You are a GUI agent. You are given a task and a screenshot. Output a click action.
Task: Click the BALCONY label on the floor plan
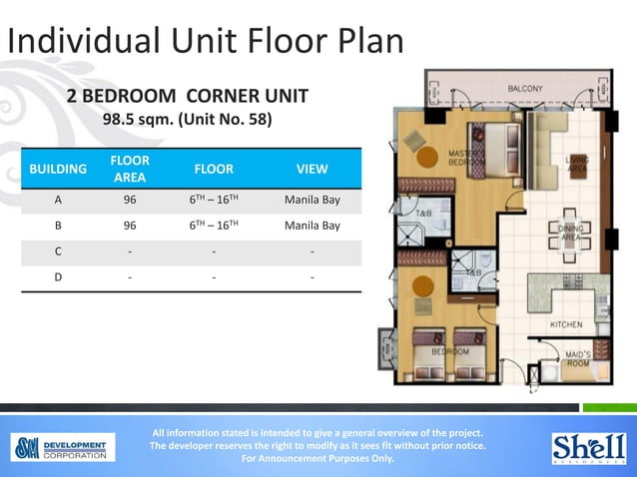pyautogui.click(x=524, y=89)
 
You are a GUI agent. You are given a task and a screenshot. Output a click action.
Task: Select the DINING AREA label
pyautogui.click(x=570, y=233)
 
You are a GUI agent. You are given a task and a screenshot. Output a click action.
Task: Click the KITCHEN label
pyautogui.click(x=566, y=325)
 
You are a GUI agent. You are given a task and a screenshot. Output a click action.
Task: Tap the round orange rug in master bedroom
pyautogui.click(x=428, y=156)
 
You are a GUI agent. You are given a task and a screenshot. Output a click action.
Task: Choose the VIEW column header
pyautogui.click(x=313, y=169)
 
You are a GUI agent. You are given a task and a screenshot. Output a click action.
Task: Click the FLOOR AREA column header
pyautogui.click(x=130, y=169)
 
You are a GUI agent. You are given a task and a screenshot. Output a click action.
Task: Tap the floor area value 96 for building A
pyautogui.click(x=130, y=200)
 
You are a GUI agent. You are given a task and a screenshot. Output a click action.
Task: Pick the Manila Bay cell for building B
pyautogui.click(x=313, y=226)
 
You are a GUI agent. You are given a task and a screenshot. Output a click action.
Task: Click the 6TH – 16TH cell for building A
pyautogui.click(x=214, y=200)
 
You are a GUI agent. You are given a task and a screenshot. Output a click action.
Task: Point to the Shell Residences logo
pyautogui.click(x=588, y=447)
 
